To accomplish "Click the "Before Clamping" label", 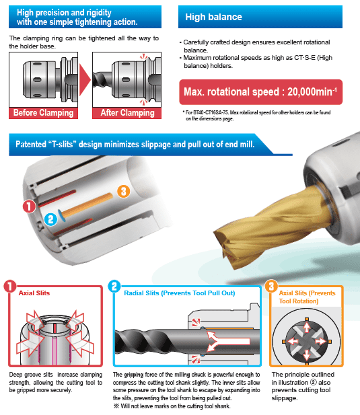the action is [x=44, y=113].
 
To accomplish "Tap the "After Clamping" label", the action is [x=127, y=113].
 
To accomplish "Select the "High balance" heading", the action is [x=213, y=17].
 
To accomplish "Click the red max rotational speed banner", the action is [x=260, y=92].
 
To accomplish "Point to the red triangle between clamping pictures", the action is [x=84, y=80].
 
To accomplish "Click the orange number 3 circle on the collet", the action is [x=123, y=191].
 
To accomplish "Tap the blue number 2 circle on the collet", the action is [x=51, y=219].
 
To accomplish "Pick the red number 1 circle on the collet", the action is [x=29, y=206].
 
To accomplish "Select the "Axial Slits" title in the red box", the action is [x=34, y=293].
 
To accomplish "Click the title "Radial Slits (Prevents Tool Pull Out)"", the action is [x=180, y=293].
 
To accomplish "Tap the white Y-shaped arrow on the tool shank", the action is [x=227, y=341].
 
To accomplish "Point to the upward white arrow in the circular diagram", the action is [x=307, y=327].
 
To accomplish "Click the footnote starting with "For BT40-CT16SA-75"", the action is [x=257, y=116].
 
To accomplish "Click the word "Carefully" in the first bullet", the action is [x=196, y=42].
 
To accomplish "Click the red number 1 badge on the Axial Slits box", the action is [x=10, y=287].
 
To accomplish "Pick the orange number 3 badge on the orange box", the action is [x=271, y=287].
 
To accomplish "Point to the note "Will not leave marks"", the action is [x=172, y=406].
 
